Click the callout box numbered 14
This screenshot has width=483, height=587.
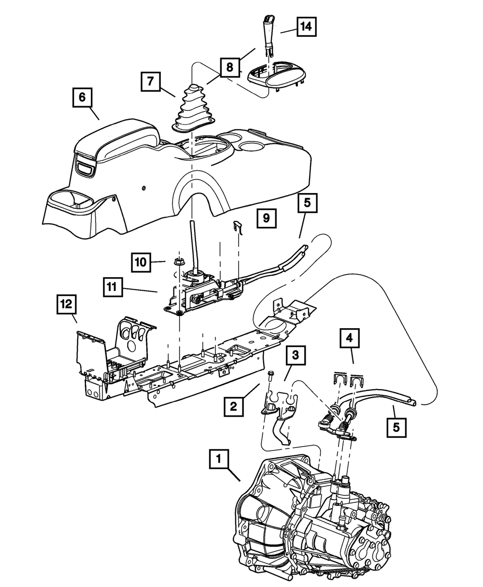[x=306, y=27]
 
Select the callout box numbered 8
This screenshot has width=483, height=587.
[x=230, y=68]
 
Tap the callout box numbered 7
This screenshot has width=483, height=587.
[x=151, y=82]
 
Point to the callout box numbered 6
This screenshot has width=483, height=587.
[x=82, y=98]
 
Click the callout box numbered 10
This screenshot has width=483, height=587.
[x=141, y=262]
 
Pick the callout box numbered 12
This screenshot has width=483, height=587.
[x=66, y=306]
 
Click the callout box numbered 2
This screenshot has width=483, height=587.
[x=233, y=407]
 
